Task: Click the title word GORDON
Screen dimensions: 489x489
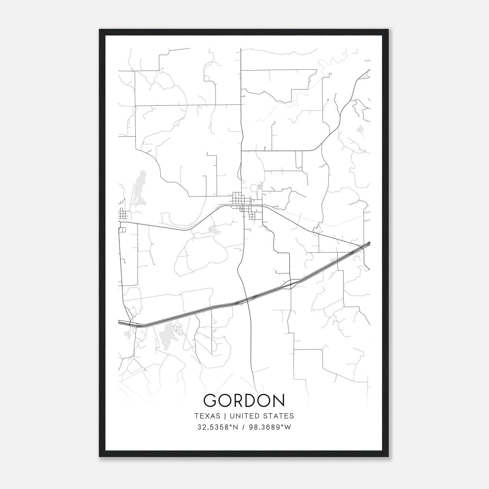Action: point(244,401)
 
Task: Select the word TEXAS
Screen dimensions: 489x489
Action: point(207,416)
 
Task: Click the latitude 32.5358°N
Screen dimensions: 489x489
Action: point(217,427)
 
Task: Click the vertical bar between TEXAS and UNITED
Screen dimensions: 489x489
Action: point(225,416)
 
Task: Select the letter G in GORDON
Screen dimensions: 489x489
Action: point(211,401)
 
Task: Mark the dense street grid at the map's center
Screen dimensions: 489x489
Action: point(244,205)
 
